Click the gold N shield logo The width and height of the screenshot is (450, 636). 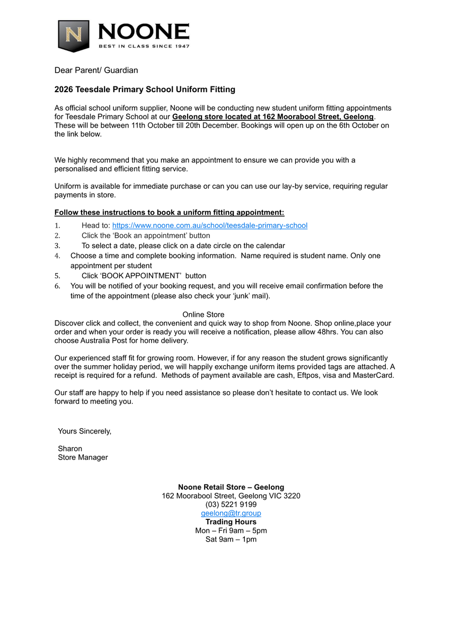pyautogui.click(x=73, y=36)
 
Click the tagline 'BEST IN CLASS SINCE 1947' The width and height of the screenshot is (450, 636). pyautogui.click(x=144, y=46)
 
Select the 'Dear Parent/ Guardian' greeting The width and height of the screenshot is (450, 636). pyautogui.click(x=96, y=70)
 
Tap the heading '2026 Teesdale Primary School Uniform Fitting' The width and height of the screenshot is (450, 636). pyautogui.click(x=145, y=90)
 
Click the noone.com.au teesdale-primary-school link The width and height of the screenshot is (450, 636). pyautogui.click(x=209, y=225)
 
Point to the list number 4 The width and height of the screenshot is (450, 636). pyautogui.click(x=58, y=255)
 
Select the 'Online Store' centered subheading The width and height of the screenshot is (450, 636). pyautogui.click(x=203, y=314)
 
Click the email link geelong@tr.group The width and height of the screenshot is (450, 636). pyautogui.click(x=231, y=513)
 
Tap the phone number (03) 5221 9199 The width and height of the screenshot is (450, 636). pyautogui.click(x=231, y=505)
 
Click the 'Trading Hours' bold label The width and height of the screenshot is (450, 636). pyautogui.click(x=231, y=522)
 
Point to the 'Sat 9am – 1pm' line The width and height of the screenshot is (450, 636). pyautogui.click(x=231, y=539)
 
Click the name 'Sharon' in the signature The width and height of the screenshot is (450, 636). pyautogui.click(x=70, y=448)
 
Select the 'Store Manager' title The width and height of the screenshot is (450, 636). pyautogui.click(x=83, y=457)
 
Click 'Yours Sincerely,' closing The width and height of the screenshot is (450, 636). pyautogui.click(x=84, y=431)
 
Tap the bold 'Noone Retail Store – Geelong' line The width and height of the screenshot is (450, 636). pyautogui.click(x=231, y=487)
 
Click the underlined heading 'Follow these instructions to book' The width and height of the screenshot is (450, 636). pyautogui.click(x=169, y=213)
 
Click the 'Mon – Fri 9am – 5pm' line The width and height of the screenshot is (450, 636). pyautogui.click(x=231, y=531)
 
